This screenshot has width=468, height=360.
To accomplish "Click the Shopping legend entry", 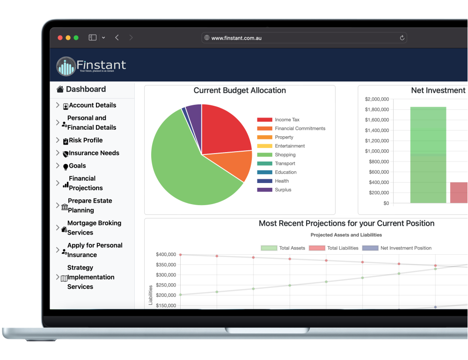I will (285, 155).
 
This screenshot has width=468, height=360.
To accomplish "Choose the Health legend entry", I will (282, 181).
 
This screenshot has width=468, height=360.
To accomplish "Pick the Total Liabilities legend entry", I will (342, 248).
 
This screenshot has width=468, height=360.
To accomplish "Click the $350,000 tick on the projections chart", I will (166, 265).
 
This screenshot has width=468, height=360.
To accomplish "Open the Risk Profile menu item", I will (86, 140).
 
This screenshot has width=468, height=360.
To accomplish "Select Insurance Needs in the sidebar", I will (94, 153).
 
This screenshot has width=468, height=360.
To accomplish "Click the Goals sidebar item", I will (77, 166).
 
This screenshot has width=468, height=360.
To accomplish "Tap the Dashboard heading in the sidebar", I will (86, 89).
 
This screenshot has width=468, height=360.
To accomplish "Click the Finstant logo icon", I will (66, 66).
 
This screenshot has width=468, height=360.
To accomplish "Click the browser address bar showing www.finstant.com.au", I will (304, 38).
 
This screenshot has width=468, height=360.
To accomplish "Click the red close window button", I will (60, 38).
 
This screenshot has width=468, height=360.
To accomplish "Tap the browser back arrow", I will (117, 38).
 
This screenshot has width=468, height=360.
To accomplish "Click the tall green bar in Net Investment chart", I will (428, 154).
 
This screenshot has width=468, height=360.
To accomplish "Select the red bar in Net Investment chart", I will (459, 192).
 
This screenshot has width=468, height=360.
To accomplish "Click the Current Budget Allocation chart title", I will (240, 91).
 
